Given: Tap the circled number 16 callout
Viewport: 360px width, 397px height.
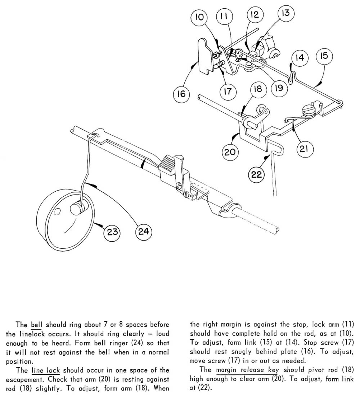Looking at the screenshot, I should click(x=181, y=94).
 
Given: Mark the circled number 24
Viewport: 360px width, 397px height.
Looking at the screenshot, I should click(x=143, y=231).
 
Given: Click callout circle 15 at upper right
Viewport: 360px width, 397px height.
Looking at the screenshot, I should click(x=324, y=56).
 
